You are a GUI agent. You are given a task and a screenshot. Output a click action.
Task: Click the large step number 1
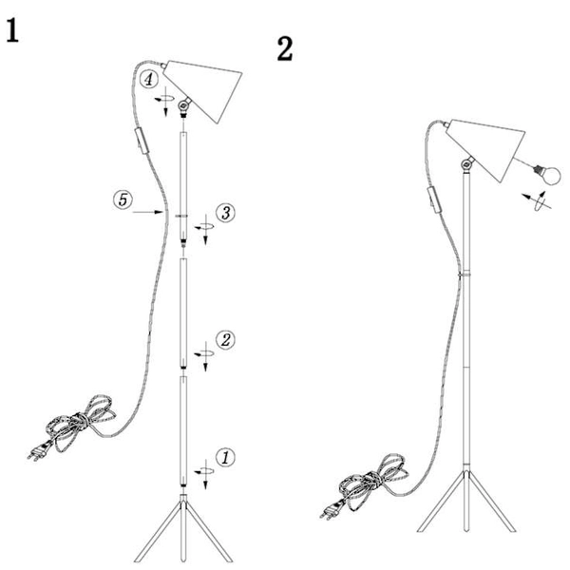tap(12, 31)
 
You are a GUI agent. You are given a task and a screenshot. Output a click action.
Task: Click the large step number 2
tap(285, 49)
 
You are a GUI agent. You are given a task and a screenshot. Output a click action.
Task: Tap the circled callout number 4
tap(149, 79)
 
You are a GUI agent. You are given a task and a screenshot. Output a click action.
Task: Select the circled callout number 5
tap(123, 199)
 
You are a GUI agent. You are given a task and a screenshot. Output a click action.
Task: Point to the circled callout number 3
tap(225, 213)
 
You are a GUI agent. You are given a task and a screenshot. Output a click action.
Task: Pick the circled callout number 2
tap(225, 340)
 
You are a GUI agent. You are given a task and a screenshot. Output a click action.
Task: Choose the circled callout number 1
tap(225, 457)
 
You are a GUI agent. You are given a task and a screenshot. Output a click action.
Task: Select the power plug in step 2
tap(330, 510)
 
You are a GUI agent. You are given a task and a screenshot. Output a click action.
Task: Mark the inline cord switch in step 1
tap(142, 141)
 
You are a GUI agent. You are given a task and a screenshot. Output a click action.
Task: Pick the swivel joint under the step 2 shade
tap(466, 164)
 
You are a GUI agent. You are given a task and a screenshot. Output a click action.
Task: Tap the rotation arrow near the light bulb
tap(538, 199)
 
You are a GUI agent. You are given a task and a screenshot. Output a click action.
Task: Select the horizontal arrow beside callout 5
tap(147, 212)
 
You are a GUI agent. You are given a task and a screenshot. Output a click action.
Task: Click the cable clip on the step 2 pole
tap(465, 275)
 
